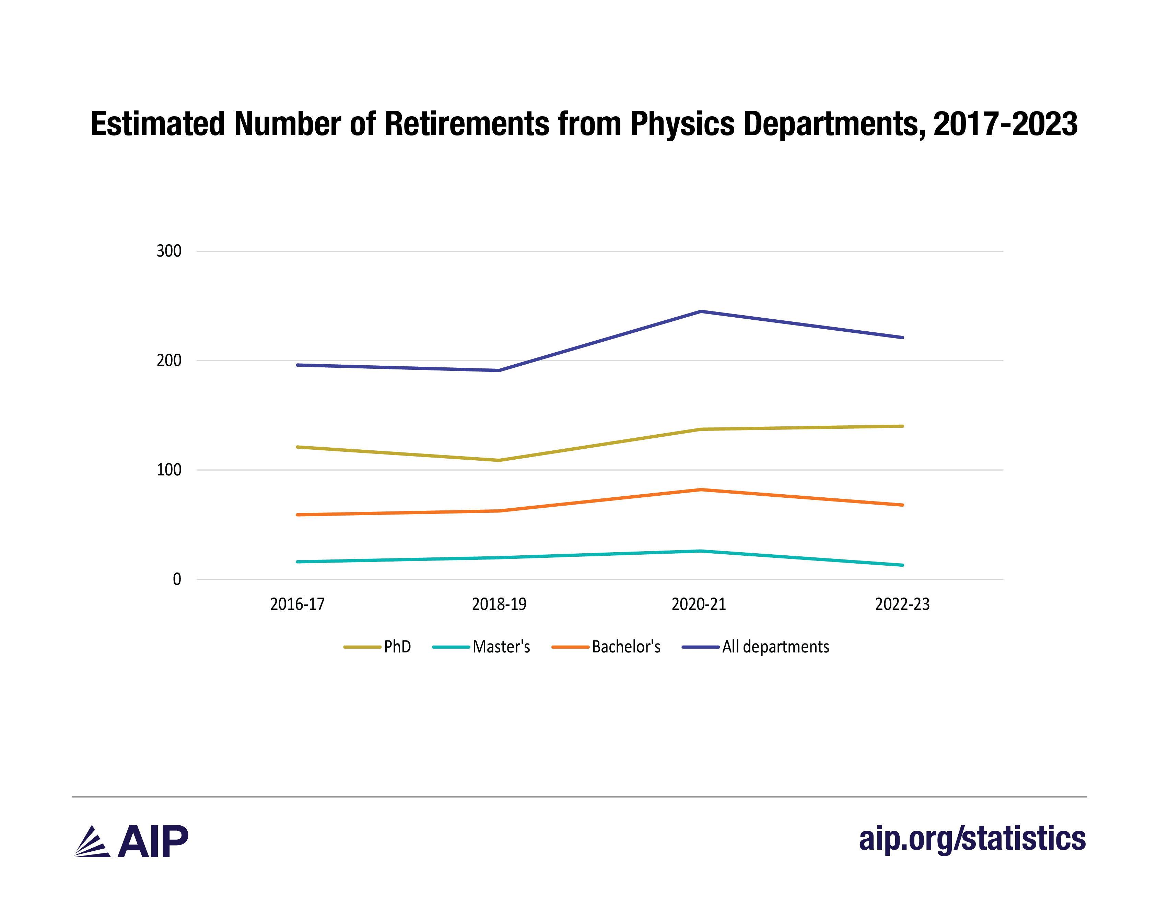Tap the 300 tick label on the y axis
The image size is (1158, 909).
169,251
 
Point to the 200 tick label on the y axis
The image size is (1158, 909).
169,360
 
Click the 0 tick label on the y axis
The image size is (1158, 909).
177,579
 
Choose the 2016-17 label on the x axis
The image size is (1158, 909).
297,604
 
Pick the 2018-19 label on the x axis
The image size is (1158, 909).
499,604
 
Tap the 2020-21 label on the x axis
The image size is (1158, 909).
699,604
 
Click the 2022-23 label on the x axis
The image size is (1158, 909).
902,604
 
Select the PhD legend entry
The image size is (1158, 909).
377,647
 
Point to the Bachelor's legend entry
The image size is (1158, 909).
606,647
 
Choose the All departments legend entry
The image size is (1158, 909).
756,647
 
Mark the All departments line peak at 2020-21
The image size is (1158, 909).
701,311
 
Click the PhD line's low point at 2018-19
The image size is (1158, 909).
499,460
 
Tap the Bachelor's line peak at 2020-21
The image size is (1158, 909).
701,489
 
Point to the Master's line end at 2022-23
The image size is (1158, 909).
902,565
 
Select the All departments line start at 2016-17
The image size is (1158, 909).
297,365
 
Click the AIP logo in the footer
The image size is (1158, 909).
130,841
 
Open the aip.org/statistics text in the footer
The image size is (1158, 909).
972,839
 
